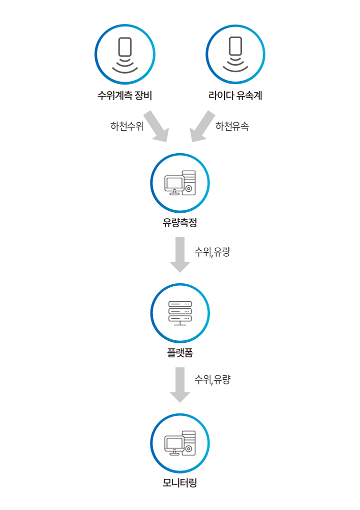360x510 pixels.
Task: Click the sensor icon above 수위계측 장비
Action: point(125,54)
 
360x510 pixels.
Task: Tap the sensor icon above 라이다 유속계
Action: point(235,54)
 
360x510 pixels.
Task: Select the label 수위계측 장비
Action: point(124,95)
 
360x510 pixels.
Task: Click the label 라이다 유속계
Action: point(235,95)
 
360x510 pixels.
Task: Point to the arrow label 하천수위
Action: point(127,126)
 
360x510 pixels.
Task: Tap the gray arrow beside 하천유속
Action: point(203,127)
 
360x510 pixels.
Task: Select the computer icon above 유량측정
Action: point(180,183)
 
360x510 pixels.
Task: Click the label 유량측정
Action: point(180,223)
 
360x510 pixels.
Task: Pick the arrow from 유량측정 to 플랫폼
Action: point(180,254)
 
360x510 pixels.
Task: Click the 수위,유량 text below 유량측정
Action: point(212,252)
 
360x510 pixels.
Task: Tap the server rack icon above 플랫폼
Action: point(180,313)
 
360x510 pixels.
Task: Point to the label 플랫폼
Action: point(180,353)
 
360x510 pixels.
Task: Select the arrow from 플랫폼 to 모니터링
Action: point(180,384)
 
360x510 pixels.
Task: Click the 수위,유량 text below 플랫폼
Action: point(212,380)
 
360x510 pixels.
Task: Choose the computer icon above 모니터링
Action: point(180,443)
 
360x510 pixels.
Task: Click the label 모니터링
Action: point(180,483)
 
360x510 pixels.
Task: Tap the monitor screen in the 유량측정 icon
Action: point(174,183)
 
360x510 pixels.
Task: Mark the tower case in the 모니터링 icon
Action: point(188,443)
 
